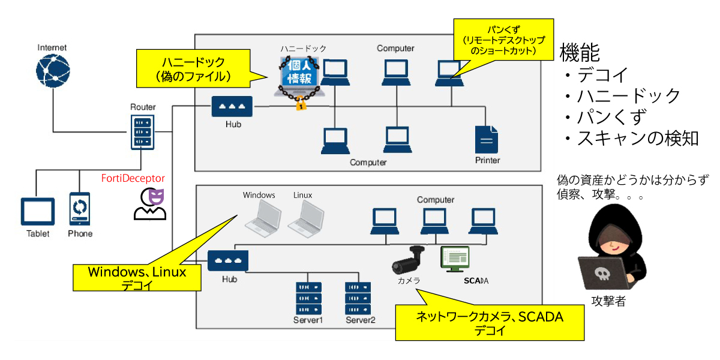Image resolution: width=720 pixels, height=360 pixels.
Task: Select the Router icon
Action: pyautogui.click(x=143, y=131)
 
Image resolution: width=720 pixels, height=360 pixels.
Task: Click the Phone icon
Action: pyautogui.click(x=79, y=209)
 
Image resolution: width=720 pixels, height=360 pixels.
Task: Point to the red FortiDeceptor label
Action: pyautogui.click(x=132, y=179)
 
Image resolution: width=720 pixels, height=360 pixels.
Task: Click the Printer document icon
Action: pyautogui.click(x=487, y=139)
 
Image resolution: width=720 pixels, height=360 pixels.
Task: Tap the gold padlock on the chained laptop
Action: pyautogui.click(x=301, y=105)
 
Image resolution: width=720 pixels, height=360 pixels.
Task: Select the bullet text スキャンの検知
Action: pyautogui.click(x=637, y=139)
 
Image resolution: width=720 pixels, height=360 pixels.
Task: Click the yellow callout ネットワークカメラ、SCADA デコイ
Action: pyautogui.click(x=490, y=323)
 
